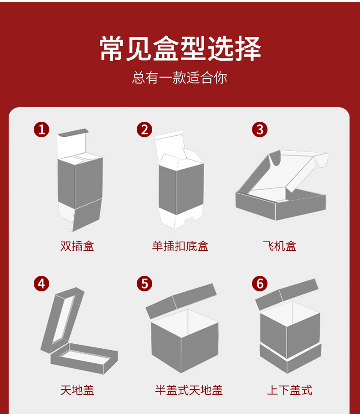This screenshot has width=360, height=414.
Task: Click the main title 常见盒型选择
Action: pos(180,49)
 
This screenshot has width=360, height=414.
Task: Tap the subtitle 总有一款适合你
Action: pos(180,78)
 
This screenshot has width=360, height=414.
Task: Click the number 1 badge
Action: pos(41,129)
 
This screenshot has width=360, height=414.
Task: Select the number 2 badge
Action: pos(144,129)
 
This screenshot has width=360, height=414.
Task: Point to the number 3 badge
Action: pos(260,129)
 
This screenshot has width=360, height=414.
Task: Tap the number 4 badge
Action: pos(41,284)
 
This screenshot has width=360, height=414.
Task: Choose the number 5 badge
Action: pos(144,284)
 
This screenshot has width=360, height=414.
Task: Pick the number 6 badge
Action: pos(260,284)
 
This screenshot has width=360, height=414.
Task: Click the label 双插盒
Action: pos(77,247)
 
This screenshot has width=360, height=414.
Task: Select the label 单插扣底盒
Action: pos(180,247)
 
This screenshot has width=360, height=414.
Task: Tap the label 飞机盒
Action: pos(279,247)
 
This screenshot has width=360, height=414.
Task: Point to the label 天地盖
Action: pos(77,390)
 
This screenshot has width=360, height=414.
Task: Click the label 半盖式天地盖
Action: pos(189,390)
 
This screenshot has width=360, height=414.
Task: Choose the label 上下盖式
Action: pos(289,390)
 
